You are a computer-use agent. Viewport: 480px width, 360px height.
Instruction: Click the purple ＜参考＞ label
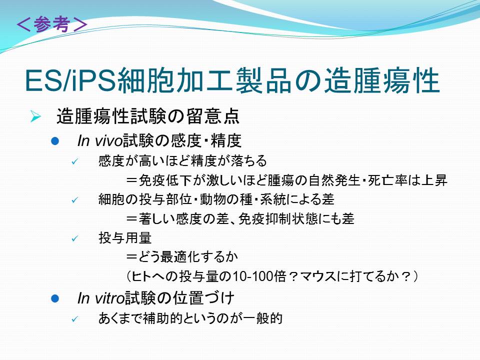(52, 24)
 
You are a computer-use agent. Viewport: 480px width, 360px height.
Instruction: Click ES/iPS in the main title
(70, 81)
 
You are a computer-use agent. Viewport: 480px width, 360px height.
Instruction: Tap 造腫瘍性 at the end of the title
(382, 80)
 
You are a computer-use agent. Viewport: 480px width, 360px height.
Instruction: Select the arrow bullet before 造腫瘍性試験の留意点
(35, 116)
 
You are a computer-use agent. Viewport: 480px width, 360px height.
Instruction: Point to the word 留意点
(213, 116)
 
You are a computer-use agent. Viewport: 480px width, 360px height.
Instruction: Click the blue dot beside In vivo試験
(55, 141)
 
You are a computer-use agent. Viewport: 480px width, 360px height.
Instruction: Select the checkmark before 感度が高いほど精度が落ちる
(75, 161)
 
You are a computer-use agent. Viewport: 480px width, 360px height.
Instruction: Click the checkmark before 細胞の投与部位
(75, 200)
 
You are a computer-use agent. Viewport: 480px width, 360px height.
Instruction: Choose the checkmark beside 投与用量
(75, 238)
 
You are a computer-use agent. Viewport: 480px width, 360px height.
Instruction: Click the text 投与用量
(125, 238)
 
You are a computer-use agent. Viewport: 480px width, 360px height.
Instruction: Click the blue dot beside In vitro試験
(55, 298)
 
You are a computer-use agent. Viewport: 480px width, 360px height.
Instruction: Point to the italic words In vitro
(101, 298)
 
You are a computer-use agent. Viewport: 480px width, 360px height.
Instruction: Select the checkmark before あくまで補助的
(75, 319)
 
